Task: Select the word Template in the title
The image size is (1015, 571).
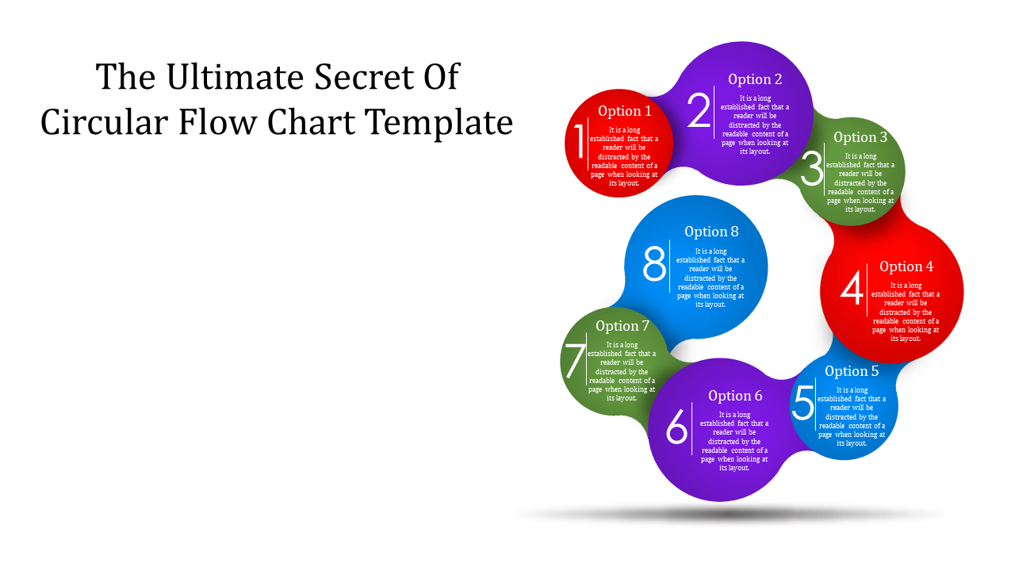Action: point(439,122)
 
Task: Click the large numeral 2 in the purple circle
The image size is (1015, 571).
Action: point(699,109)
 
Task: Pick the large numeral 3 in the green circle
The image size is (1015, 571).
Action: point(811,169)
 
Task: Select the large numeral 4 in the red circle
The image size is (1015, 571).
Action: point(852,288)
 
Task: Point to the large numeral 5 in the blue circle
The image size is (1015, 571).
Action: point(803,402)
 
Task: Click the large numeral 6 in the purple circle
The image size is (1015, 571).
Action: point(676,426)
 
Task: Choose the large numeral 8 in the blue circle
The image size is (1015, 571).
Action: point(654,264)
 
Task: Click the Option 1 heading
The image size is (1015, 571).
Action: point(624,111)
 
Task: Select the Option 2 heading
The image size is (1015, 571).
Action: point(755,79)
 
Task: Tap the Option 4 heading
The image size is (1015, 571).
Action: point(906,266)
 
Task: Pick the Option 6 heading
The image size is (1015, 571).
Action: point(735,396)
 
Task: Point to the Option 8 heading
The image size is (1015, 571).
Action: point(711,232)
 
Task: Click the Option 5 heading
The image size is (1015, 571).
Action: point(852,371)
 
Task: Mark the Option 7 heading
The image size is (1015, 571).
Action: point(622,326)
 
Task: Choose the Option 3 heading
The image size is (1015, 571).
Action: point(860,137)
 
